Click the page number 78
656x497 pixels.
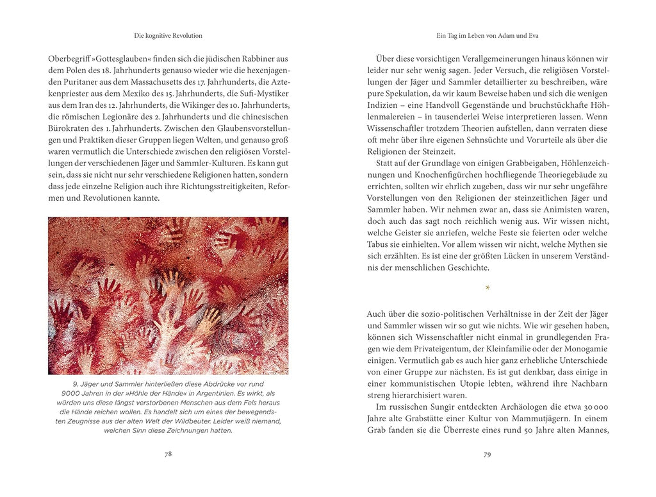[168, 453]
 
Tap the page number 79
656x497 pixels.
[487, 454]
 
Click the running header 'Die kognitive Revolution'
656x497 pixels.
[168, 35]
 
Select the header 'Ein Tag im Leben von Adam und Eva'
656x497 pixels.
[487, 35]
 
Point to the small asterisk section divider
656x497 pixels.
[488, 288]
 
